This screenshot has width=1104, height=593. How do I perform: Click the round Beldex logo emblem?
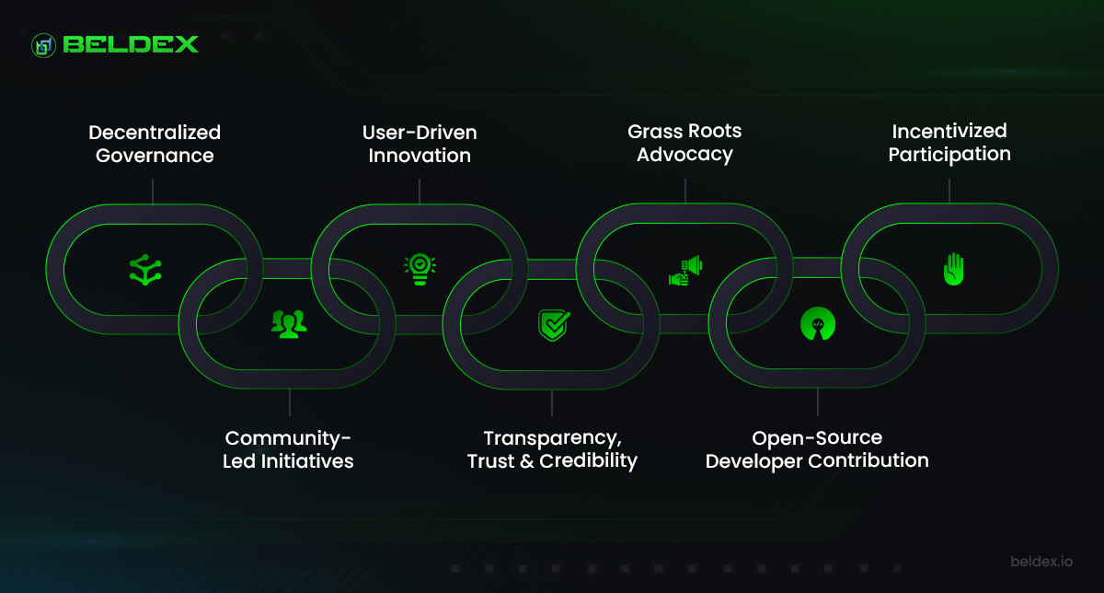43,45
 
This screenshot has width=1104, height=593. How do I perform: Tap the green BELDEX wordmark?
131,44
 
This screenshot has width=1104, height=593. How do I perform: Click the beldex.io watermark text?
1041,562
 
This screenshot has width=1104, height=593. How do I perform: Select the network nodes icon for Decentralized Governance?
145,270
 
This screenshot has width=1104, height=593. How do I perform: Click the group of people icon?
289,323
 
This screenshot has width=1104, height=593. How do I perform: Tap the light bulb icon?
420,270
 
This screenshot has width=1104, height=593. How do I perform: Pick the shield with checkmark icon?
554,325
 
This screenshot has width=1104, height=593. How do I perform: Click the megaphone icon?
685,271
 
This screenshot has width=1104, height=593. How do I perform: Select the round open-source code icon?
818,324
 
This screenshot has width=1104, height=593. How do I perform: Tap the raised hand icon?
954,269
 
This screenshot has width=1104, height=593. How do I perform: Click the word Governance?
155,156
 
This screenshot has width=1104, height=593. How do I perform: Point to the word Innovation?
420,156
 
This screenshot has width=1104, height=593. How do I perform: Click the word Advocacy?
684,155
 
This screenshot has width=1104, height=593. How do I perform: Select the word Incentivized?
949,132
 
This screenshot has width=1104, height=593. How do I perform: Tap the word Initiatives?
307,461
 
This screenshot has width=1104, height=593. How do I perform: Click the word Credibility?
588,460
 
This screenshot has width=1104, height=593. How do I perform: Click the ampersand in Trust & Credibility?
526,461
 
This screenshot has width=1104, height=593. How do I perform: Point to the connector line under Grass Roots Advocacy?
685,191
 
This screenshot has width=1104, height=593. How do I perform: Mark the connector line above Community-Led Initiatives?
290,402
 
